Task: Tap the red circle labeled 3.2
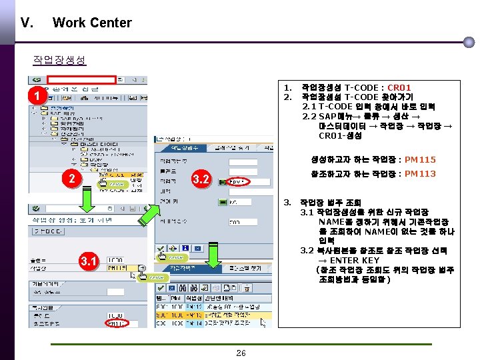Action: [201, 179]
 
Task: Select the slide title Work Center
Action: [92, 23]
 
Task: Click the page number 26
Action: [241, 353]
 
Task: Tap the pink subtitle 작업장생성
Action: [59, 60]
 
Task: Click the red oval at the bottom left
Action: [117, 324]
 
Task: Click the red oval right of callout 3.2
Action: [238, 181]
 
